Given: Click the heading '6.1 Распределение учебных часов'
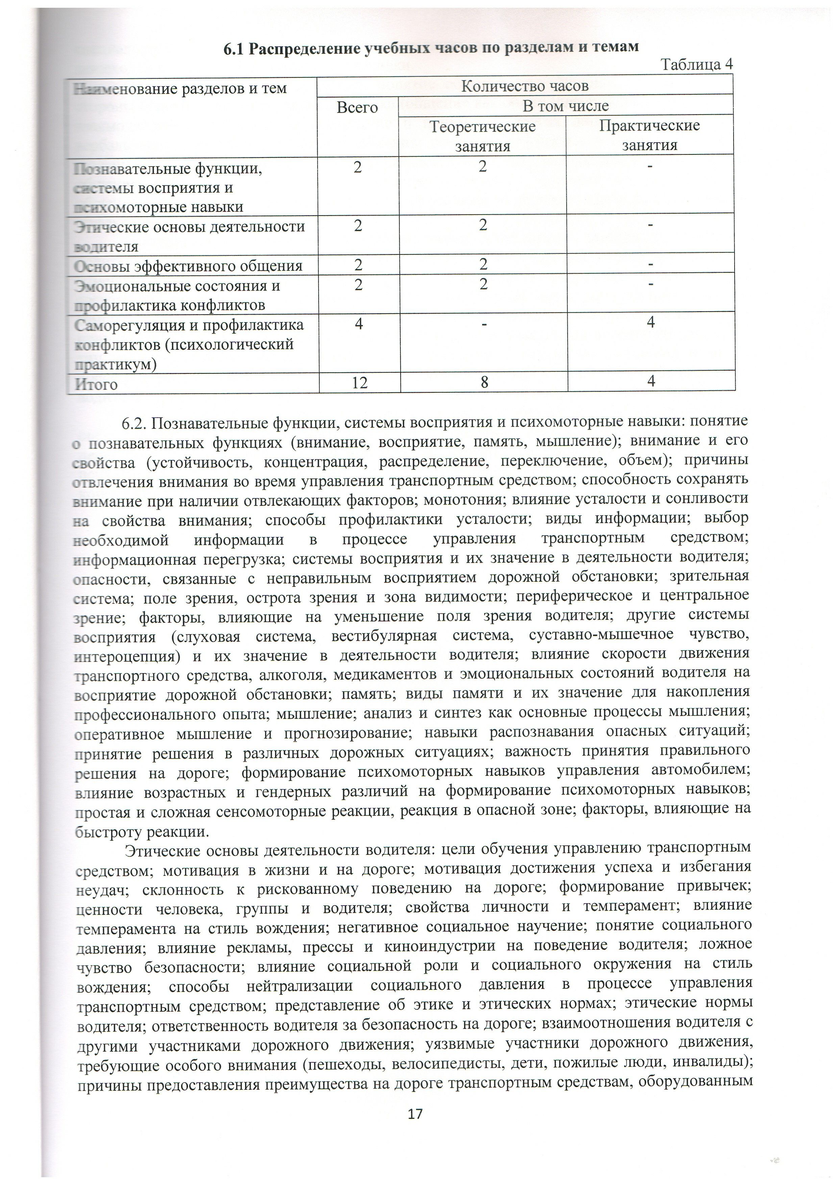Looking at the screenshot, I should pos(431,48).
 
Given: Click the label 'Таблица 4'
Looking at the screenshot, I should pos(697,65).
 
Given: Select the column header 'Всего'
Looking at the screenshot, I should pos(357,107).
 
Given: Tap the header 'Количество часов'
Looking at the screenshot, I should pos(524,86).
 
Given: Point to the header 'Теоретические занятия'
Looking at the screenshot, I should pos(483,136).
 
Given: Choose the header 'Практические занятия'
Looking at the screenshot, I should pos(649,135).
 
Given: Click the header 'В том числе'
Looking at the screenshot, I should pos(566,106).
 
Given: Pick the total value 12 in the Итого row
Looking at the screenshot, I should pos(359,382).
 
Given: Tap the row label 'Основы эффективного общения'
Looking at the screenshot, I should pos(188,266).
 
